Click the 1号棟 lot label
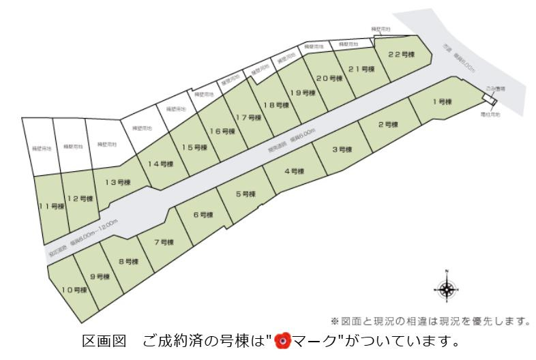point(442,102)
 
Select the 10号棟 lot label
point(74,290)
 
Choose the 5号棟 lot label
point(245,194)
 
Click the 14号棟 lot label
point(161,164)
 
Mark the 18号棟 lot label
point(276,105)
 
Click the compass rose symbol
point(447,290)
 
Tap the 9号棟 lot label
point(100,276)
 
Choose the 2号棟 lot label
point(388,125)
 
